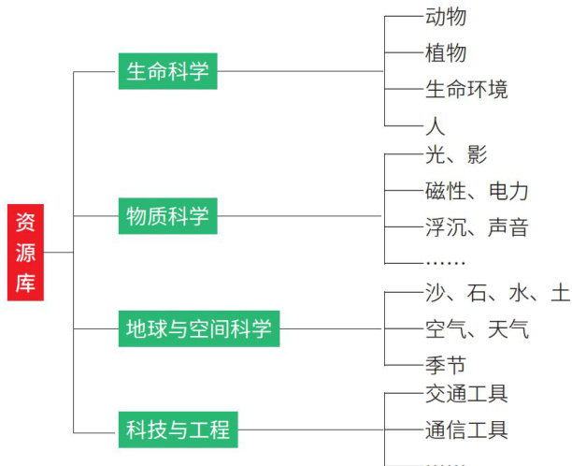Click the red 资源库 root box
(x=26, y=252)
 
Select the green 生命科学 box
(x=167, y=71)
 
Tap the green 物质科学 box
(x=167, y=216)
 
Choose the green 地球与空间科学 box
(x=198, y=328)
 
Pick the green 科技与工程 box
(x=178, y=430)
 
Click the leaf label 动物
(x=446, y=17)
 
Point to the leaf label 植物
(x=446, y=52)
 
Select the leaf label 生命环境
(x=466, y=89)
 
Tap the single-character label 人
(x=436, y=125)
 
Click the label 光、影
(x=456, y=155)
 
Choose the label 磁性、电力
(x=477, y=191)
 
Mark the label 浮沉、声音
(x=477, y=226)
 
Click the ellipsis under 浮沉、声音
(x=445, y=263)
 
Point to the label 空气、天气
(x=477, y=328)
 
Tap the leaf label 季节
(x=446, y=365)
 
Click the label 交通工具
(x=466, y=394)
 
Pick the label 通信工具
(x=466, y=430)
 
